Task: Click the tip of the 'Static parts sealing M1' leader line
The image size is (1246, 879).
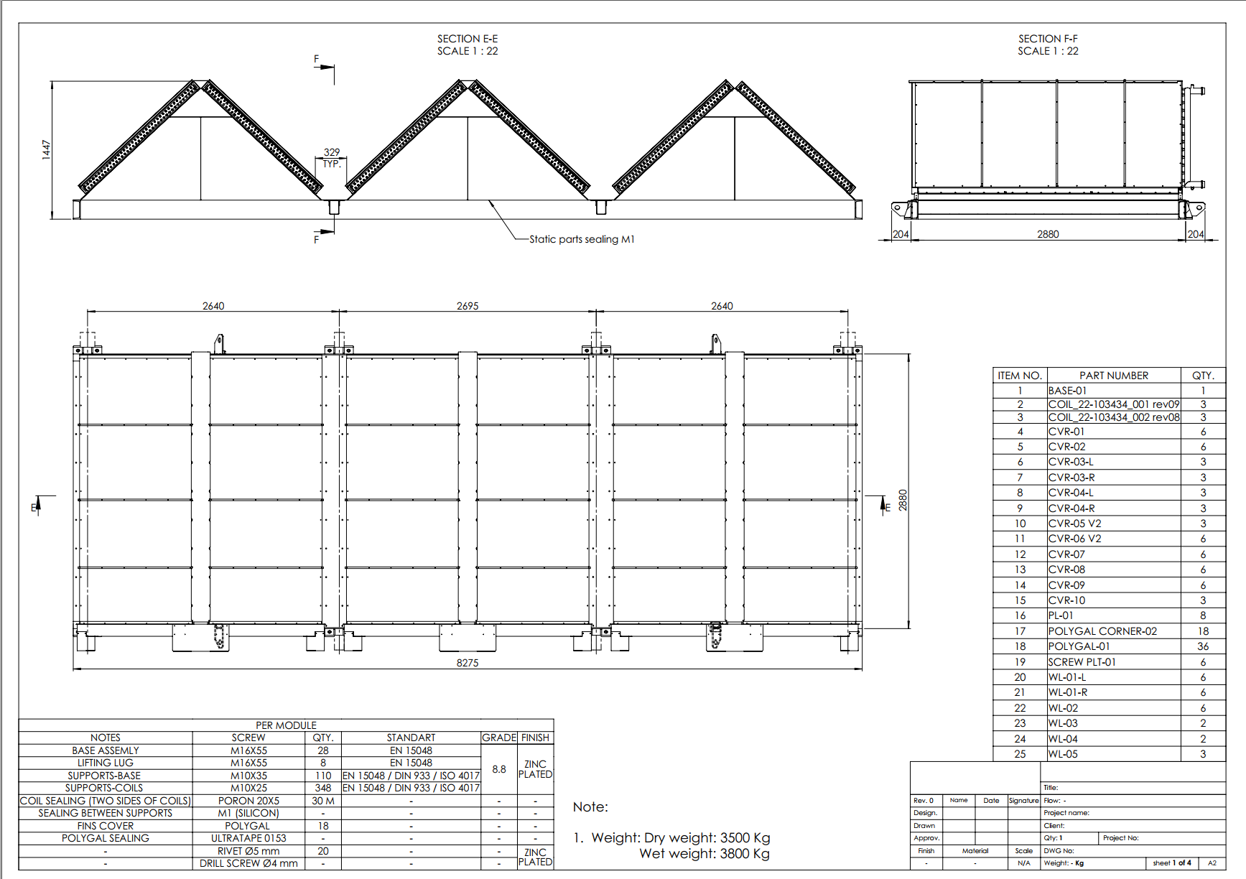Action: (490, 201)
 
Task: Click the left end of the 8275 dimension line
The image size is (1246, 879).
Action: (73, 669)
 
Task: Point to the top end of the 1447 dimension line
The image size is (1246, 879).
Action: (52, 81)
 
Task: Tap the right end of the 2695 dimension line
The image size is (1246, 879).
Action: (596, 312)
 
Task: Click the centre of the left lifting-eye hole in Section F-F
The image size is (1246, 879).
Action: (896, 208)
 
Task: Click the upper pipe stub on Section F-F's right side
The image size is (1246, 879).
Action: (1196, 90)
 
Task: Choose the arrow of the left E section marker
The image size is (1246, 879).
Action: (39, 505)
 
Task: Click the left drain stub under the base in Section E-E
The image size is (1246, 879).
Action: (334, 208)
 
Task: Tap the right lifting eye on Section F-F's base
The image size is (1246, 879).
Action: (1197, 208)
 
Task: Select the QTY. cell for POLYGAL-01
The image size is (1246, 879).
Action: (1203, 646)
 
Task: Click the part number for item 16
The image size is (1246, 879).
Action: (1061, 615)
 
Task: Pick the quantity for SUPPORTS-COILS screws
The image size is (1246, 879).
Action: (323, 788)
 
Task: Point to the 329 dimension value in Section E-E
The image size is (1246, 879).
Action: (332, 152)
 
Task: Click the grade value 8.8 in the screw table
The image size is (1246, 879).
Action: (499, 769)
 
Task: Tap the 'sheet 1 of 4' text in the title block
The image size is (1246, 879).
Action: (1172, 863)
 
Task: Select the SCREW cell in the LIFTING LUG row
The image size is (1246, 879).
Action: (248, 763)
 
